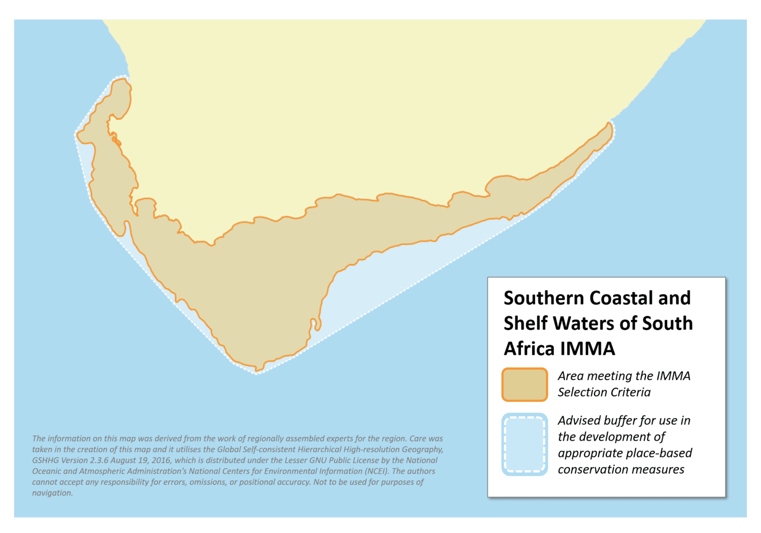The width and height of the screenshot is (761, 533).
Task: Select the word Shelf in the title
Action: tap(525, 323)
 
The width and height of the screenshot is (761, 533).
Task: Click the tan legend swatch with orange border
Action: tap(525, 385)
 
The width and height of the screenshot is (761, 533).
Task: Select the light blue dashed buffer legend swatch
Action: tap(525, 445)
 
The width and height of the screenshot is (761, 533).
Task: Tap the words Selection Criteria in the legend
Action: tap(604, 392)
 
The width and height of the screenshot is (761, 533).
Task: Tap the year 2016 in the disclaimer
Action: tap(161, 460)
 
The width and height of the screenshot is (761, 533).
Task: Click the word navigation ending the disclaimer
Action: tap(52, 493)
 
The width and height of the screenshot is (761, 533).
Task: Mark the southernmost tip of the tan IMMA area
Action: tap(258, 369)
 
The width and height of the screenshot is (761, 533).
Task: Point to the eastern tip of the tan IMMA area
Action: tap(610, 125)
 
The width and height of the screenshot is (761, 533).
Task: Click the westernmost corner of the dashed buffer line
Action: tap(76, 135)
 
